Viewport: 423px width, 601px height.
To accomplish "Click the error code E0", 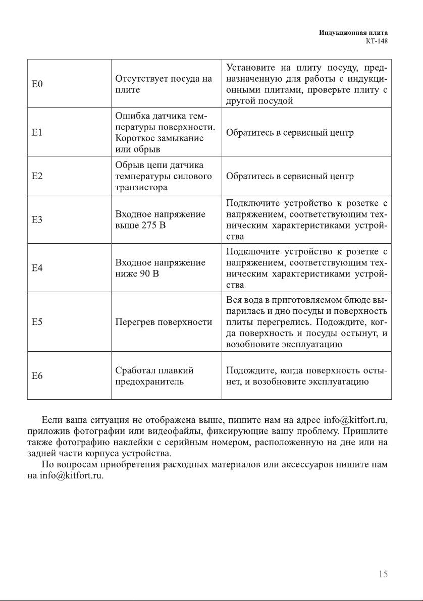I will click(x=37, y=84).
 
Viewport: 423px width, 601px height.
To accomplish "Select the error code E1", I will click(x=37, y=133).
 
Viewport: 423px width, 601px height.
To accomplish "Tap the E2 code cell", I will click(x=37, y=176).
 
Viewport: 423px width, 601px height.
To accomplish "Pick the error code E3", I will click(x=37, y=220).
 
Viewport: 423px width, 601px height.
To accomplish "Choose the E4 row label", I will click(x=37, y=268).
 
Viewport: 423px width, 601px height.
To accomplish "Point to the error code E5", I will click(x=37, y=321).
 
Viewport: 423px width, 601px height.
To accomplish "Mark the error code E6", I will click(x=37, y=375).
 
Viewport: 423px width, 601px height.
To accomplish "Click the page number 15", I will click(x=383, y=574).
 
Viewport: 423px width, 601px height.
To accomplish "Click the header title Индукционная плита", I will click(x=353, y=32).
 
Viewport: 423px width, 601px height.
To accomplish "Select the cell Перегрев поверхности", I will click(x=164, y=321).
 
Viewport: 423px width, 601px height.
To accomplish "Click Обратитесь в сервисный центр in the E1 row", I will click(x=290, y=133).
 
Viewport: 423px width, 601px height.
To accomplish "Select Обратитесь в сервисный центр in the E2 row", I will click(x=290, y=176).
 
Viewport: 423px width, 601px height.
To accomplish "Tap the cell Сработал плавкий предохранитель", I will click(x=154, y=376).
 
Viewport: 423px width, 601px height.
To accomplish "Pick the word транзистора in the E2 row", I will click(x=140, y=187).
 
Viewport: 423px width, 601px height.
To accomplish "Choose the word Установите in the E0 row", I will click(x=250, y=67).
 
